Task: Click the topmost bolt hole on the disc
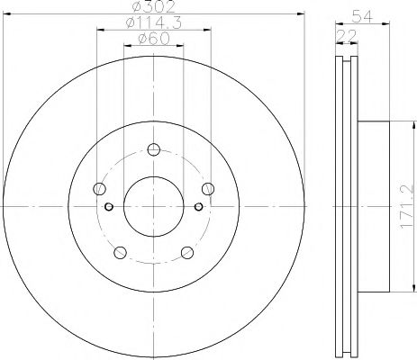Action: point(154,149)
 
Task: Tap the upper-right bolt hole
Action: point(208,188)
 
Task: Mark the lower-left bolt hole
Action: point(121,251)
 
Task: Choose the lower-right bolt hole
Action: point(187,251)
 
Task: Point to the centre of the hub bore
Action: point(154,206)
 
